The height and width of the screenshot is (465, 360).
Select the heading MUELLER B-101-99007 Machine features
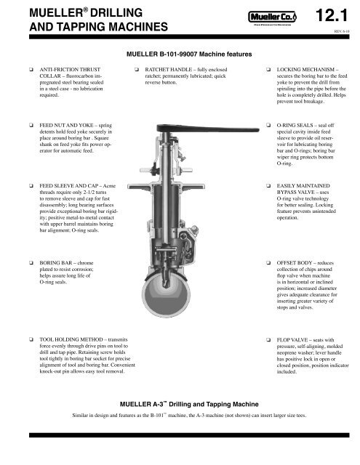[x=180, y=54]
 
